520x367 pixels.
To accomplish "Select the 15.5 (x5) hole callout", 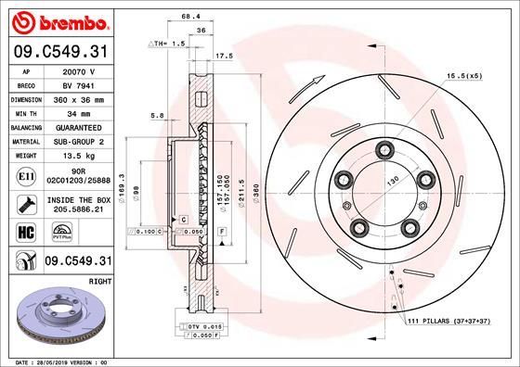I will (464, 75).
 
